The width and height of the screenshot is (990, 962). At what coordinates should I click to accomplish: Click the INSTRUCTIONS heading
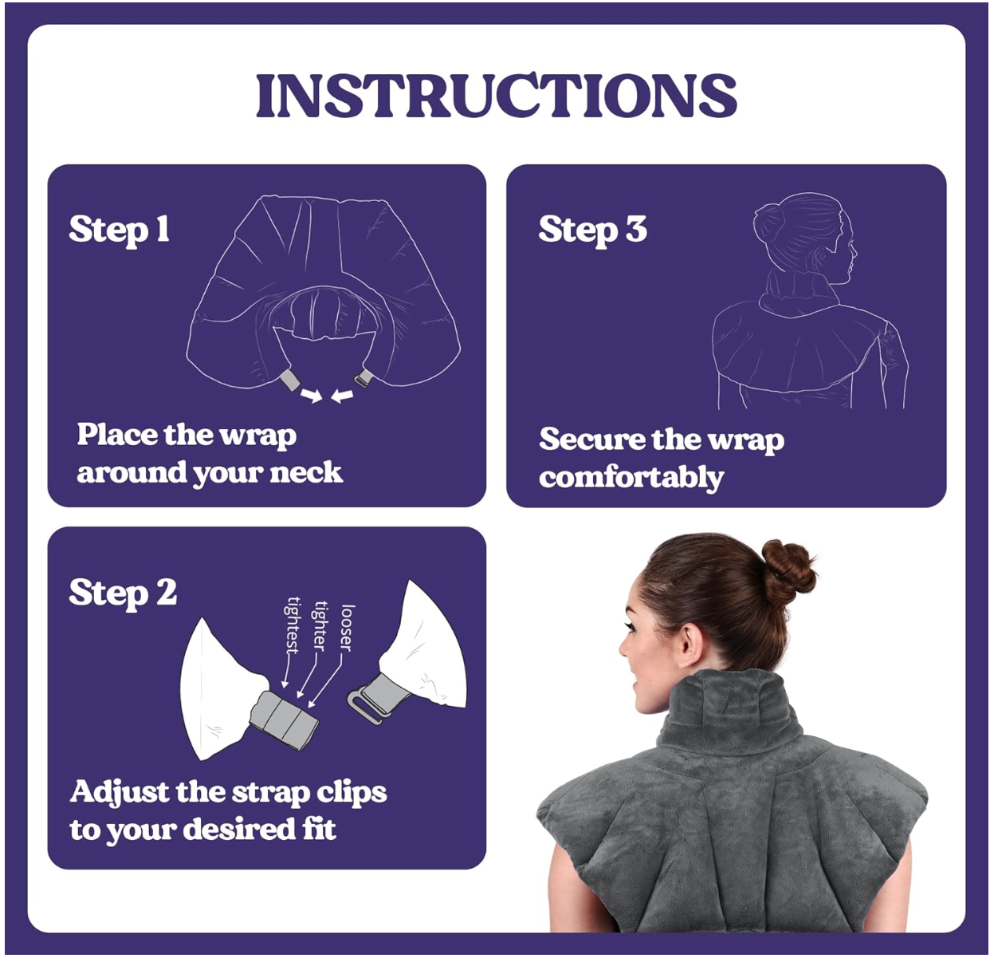click(x=496, y=95)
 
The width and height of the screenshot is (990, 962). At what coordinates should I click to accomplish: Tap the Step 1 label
click(x=119, y=230)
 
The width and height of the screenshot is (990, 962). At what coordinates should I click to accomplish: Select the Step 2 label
click(x=123, y=594)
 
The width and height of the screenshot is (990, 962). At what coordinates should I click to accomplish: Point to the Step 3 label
click(x=593, y=230)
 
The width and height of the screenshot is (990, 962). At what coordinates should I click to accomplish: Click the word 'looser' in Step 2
click(x=347, y=628)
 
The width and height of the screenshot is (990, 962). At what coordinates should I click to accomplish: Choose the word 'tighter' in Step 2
click(x=320, y=626)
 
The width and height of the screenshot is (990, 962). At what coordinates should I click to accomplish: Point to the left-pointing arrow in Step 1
click(x=342, y=396)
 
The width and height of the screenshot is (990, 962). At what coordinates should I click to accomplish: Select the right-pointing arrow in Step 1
click(x=312, y=395)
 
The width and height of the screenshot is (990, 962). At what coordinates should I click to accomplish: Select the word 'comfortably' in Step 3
click(x=631, y=479)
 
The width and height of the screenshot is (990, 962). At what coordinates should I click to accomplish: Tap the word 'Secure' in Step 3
click(x=591, y=440)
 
